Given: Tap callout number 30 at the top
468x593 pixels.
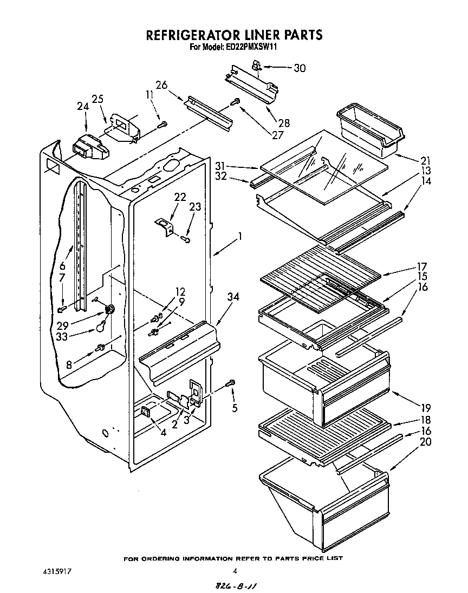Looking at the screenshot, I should (299, 68).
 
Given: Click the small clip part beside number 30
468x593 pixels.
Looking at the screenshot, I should (256, 66).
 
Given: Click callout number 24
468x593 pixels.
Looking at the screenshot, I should (83, 107).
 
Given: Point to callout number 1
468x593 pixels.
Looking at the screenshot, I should (239, 236).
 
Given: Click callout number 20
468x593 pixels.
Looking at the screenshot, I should (426, 441).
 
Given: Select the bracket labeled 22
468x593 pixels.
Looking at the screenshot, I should (165, 225).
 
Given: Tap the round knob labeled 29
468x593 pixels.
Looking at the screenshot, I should (110, 310).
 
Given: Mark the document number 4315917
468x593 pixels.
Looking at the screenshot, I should (57, 571).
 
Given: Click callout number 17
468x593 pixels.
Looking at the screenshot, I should (421, 266).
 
